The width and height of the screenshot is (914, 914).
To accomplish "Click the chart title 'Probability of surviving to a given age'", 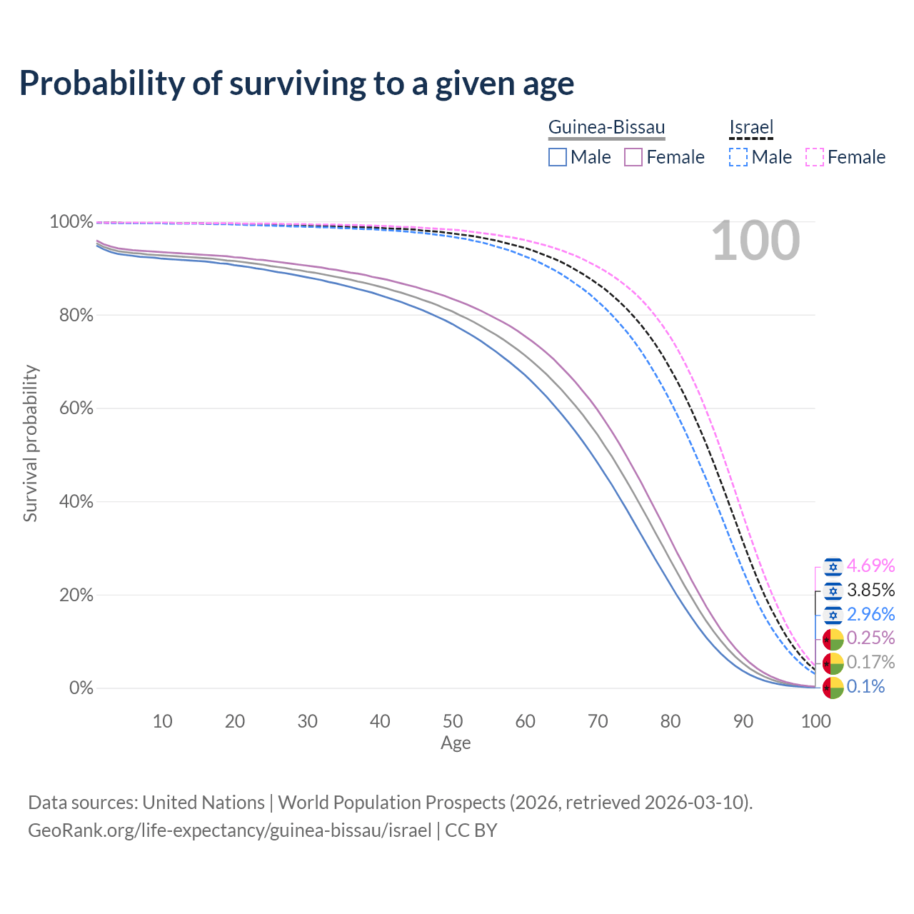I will click(296, 84).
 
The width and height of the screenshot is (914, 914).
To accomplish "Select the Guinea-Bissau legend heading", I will click(606, 128).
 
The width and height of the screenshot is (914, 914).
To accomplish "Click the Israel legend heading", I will click(751, 128).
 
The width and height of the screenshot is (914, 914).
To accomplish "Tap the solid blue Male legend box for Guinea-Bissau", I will click(558, 157).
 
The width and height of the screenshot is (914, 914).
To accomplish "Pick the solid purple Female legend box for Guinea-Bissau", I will click(634, 157).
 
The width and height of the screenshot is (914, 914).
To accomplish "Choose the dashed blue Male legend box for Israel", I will click(738, 157).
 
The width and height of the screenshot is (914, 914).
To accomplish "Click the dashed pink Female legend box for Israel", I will click(815, 157).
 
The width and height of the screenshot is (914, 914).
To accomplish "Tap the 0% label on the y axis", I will click(81, 688).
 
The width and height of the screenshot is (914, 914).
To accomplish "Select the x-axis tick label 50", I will click(453, 721).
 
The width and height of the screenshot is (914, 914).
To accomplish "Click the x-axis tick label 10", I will click(163, 721).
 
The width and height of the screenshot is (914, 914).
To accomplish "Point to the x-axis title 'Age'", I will click(456, 743).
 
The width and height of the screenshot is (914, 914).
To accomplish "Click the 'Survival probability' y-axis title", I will click(30, 443).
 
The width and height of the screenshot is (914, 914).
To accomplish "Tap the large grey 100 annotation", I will click(755, 241).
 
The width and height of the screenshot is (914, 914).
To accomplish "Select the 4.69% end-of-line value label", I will click(870, 566).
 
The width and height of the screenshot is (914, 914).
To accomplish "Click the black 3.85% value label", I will click(870, 591).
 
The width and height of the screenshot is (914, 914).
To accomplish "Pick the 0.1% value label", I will click(865, 687).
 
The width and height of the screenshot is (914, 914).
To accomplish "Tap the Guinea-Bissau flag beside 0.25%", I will click(833, 639).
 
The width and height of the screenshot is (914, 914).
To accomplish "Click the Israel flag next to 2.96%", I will click(833, 615).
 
